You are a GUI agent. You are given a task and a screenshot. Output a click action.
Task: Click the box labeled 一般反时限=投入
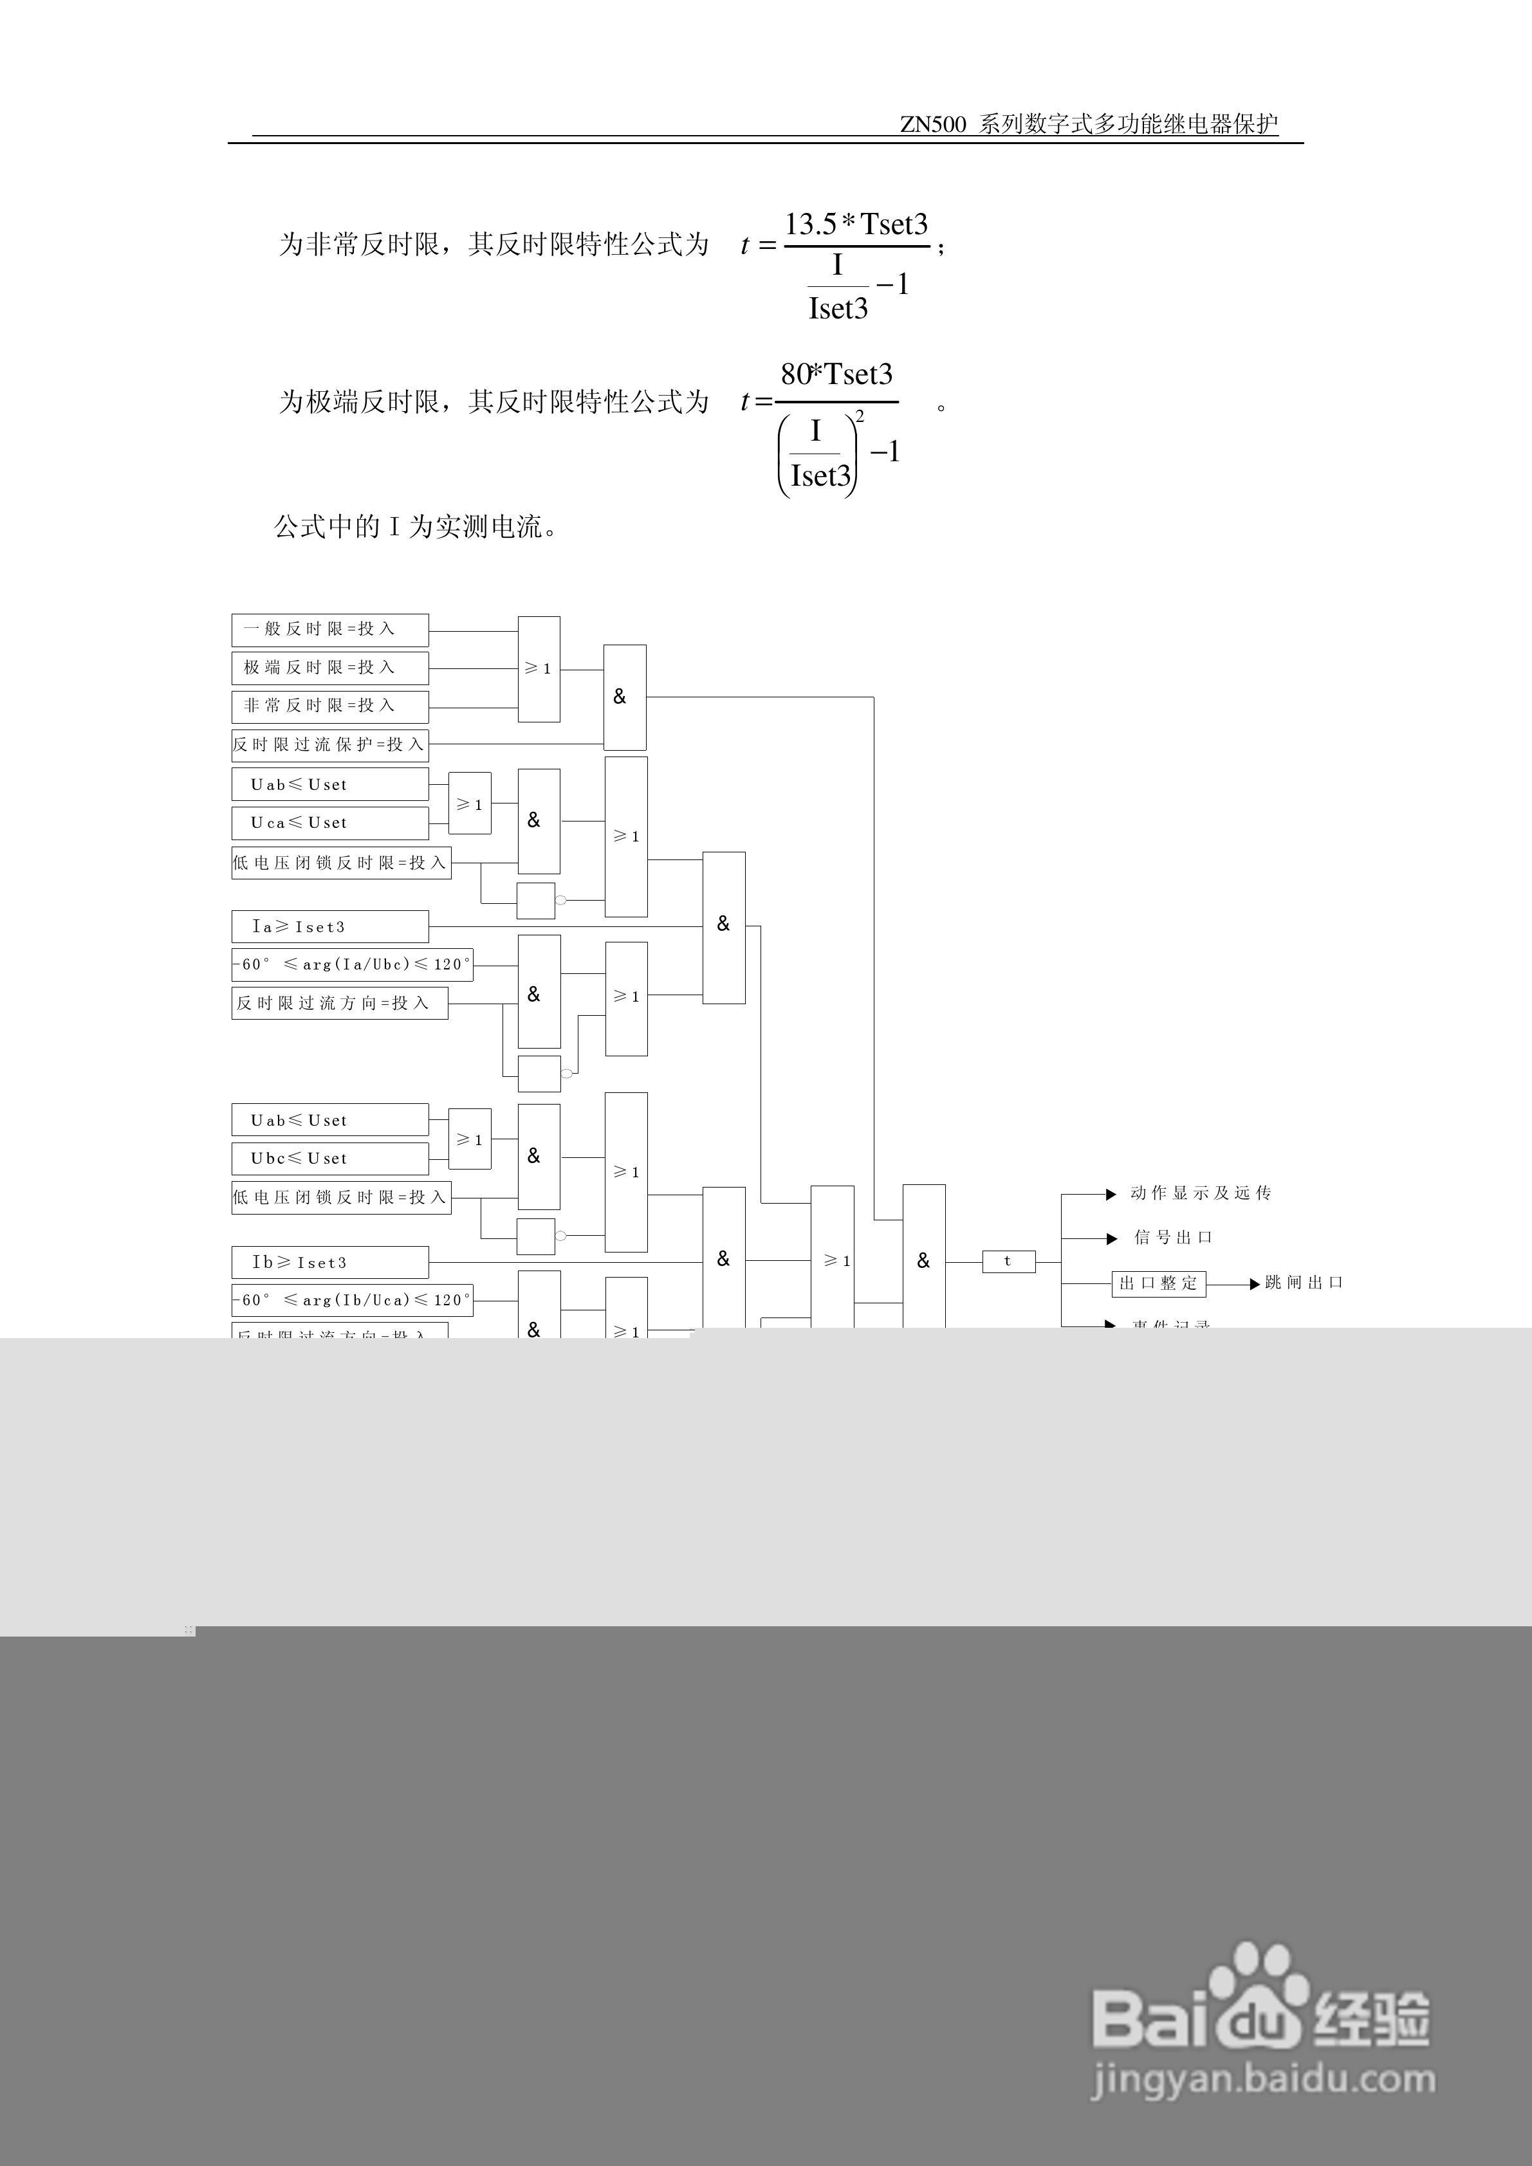(329, 629)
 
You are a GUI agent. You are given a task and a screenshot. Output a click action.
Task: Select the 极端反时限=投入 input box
(329, 668)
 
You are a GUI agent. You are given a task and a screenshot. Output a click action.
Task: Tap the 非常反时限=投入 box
(329, 706)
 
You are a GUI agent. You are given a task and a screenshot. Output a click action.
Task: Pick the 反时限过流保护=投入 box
(329, 744)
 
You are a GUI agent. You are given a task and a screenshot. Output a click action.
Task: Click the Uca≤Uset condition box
(329, 823)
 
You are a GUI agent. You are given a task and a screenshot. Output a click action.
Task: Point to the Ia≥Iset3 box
(329, 926)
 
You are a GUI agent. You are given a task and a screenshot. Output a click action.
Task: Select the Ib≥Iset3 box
(329, 1262)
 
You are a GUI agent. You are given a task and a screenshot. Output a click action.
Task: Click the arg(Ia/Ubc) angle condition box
(352, 964)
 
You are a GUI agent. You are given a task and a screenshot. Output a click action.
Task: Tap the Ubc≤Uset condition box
(329, 1159)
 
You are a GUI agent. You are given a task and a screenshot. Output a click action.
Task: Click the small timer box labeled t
(1008, 1262)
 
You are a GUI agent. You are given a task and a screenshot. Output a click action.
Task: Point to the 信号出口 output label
(1172, 1238)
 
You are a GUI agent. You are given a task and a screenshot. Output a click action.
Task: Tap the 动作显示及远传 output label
(1200, 1193)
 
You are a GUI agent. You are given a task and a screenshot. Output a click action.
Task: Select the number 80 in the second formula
(795, 374)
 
